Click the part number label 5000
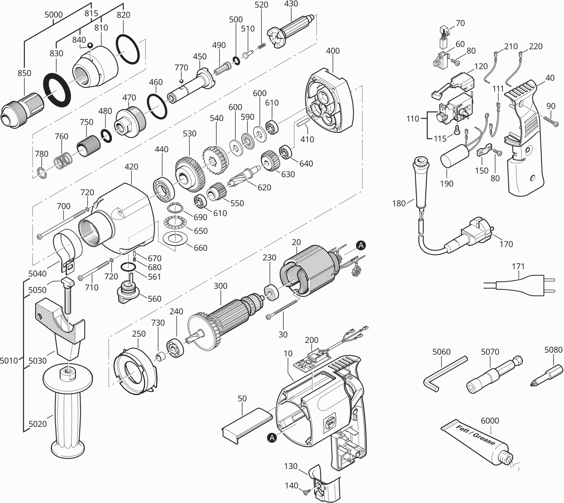[x=53, y=15]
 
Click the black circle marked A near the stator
[x=361, y=245]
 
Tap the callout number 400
[x=332, y=51]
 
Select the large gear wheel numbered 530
[x=189, y=171]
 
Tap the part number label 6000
[x=489, y=420]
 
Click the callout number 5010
[x=9, y=361]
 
